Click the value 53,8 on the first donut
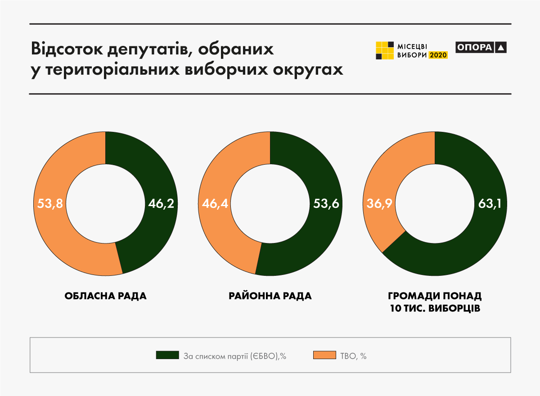49,204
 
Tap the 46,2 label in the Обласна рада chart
161,204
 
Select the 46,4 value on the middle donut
214,204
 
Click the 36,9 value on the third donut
378,204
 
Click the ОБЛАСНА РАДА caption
105,297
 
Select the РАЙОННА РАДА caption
270,297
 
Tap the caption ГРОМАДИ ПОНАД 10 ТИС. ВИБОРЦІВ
435,303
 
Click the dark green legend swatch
167,355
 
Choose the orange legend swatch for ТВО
324,355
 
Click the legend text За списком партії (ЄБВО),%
235,356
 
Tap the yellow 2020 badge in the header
438,55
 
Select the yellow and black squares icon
385,50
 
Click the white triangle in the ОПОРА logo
501,47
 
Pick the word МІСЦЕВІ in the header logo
412,46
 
